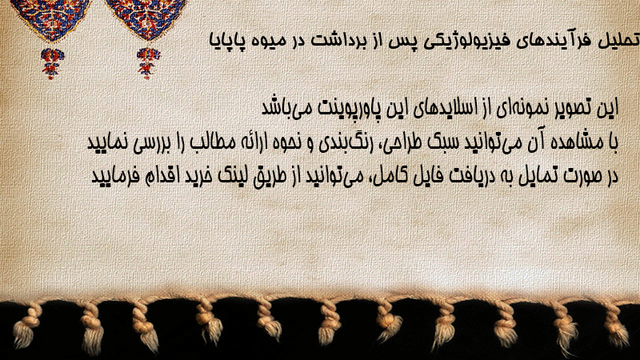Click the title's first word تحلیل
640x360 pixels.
(618, 40)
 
